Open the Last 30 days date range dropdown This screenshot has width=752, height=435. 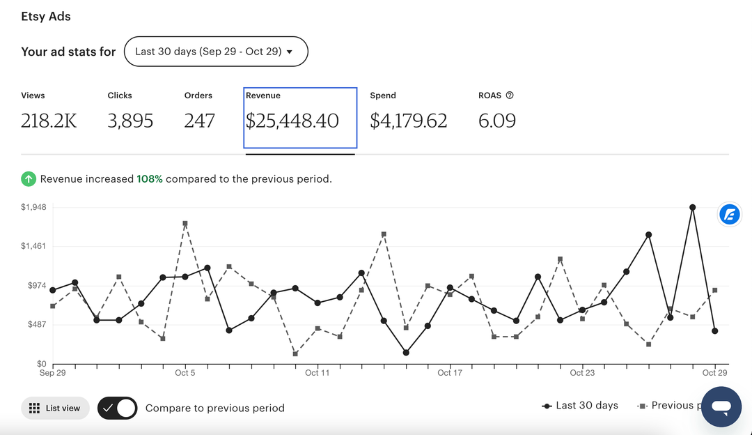tap(215, 52)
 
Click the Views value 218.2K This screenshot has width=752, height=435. tap(49, 121)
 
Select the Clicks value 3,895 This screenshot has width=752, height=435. tap(130, 121)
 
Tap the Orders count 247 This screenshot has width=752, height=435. tap(199, 121)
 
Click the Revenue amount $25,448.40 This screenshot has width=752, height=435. tap(292, 121)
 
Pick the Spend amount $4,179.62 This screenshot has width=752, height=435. tap(408, 121)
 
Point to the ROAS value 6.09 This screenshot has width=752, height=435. tap(497, 121)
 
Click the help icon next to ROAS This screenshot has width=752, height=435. tap(510, 96)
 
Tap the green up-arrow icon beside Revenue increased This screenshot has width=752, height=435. tap(28, 179)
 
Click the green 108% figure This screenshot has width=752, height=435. tap(150, 179)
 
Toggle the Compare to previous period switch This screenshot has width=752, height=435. tap(117, 408)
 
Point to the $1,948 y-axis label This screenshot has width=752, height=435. tap(33, 207)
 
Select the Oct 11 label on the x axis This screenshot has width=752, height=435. tap(317, 373)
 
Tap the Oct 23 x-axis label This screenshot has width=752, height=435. tap(582, 373)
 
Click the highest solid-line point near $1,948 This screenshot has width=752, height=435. tap(692, 207)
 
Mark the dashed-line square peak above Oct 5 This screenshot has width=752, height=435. tap(185, 224)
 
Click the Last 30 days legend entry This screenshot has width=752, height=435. tap(580, 406)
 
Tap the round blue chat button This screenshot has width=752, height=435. tap(721, 406)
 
